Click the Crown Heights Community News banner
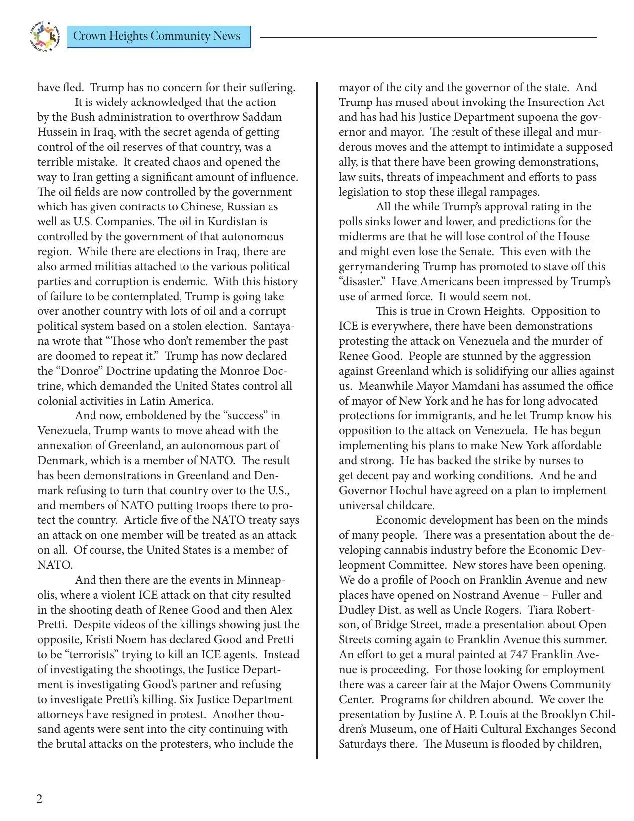[x=158, y=37]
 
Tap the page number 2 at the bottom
[x=40, y=799]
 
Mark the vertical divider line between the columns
[x=317, y=418]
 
